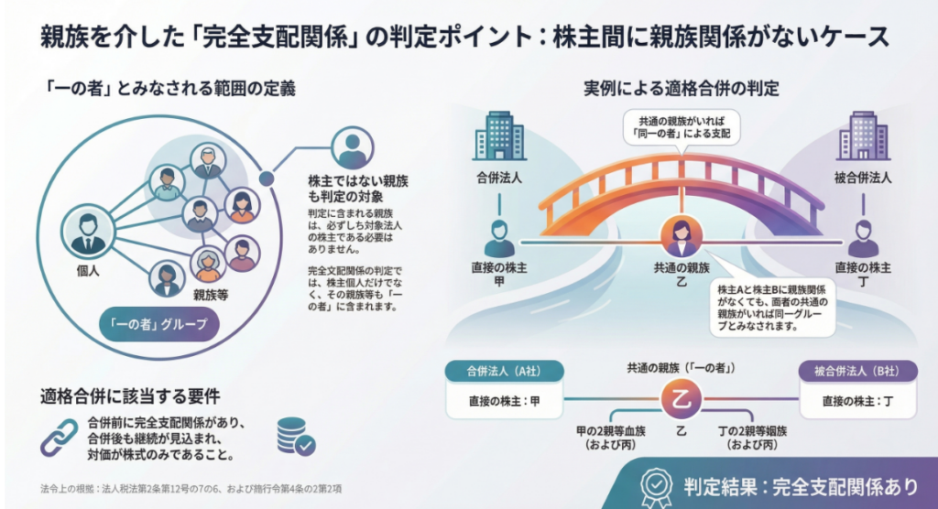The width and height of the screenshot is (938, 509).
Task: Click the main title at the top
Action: click(x=465, y=38)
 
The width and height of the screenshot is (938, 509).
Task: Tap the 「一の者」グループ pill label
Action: click(x=159, y=324)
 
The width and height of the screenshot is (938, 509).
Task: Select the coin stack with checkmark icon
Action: click(x=295, y=437)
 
